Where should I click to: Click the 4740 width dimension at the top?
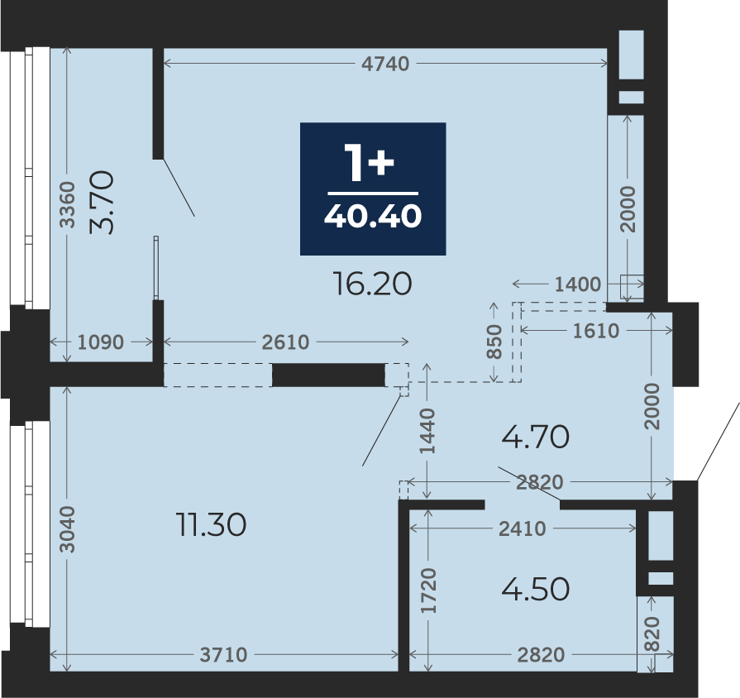click(x=385, y=64)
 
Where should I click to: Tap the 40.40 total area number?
click(x=373, y=216)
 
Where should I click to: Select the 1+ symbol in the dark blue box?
click(x=369, y=162)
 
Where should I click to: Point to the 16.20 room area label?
click(x=372, y=284)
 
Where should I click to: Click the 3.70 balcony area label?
click(x=102, y=203)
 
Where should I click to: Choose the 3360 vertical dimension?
click(x=67, y=205)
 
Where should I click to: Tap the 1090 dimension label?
click(x=101, y=342)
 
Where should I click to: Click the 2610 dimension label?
click(x=285, y=342)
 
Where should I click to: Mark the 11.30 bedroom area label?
click(x=211, y=525)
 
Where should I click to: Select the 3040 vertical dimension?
click(x=67, y=529)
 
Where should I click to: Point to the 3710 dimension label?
click(x=224, y=655)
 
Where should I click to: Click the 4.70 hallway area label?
click(x=535, y=437)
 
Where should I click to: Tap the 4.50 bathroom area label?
click(x=535, y=589)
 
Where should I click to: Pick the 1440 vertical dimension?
click(x=427, y=431)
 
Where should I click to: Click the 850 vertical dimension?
click(x=494, y=342)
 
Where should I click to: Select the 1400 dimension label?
click(x=578, y=284)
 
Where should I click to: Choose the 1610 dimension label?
click(x=596, y=332)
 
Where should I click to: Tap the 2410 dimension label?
click(x=523, y=529)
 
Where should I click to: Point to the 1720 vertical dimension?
click(x=428, y=590)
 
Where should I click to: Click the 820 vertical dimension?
click(x=652, y=633)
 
